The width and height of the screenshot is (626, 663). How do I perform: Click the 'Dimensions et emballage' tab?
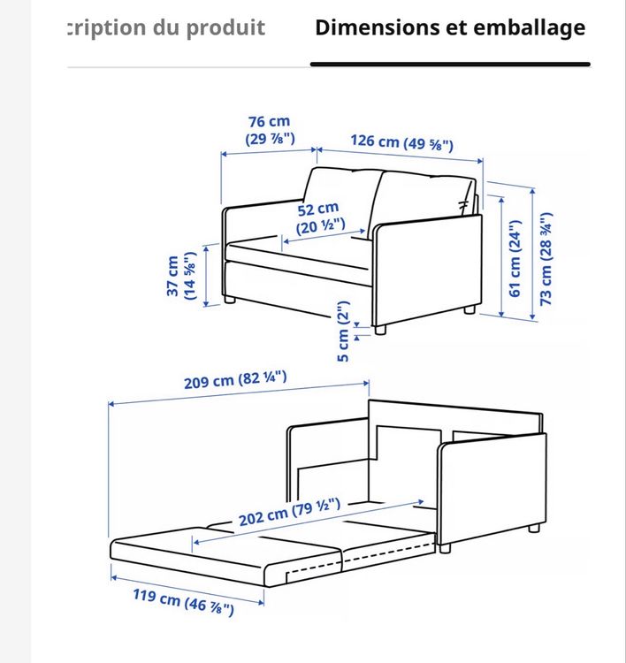point(450,28)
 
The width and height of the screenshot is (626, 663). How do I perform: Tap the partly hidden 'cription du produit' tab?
point(166,28)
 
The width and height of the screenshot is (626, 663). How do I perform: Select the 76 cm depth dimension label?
point(270,130)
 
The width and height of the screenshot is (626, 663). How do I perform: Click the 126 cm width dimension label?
point(401,142)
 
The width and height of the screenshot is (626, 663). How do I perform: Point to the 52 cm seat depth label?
point(320,217)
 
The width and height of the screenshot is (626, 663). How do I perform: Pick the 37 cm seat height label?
point(181,276)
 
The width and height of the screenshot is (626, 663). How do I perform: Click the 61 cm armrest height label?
point(514,259)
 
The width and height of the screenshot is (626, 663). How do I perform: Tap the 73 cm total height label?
point(546,259)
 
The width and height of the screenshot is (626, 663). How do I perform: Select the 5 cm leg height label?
point(343,331)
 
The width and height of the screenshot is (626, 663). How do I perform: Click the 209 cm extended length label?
point(235,380)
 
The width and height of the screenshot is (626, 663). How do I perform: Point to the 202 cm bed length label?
point(289,512)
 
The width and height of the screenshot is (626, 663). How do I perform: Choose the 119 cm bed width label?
point(183,602)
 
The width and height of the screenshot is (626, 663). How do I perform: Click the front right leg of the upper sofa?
point(380,330)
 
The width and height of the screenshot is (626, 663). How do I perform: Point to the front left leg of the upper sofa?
point(229,300)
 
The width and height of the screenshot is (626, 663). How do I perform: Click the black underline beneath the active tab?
point(450,65)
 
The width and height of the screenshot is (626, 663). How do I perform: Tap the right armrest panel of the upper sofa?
point(427,271)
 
